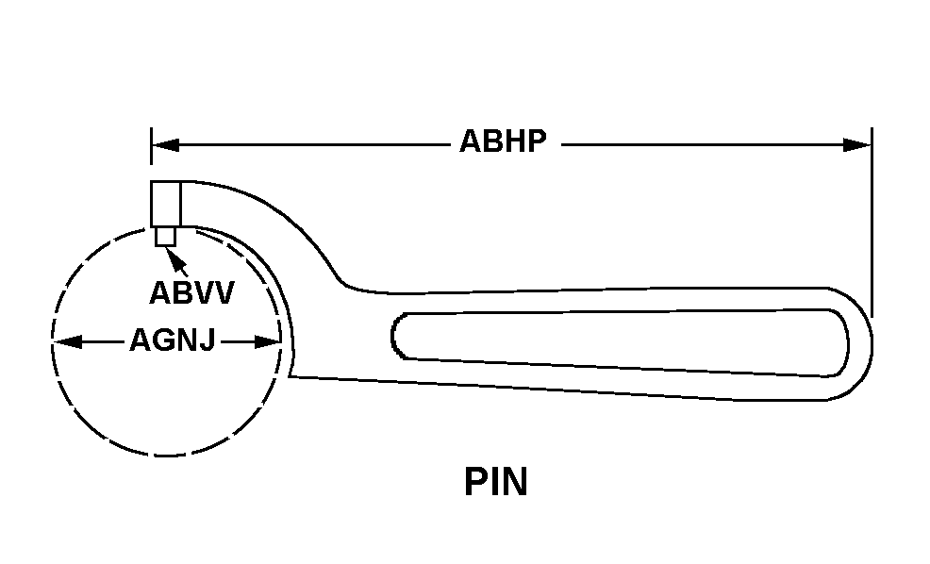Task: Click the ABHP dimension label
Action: tap(503, 142)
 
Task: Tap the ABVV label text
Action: tap(191, 293)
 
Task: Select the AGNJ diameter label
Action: tap(172, 341)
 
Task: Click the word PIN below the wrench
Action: tap(495, 482)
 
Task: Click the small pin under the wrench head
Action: tap(166, 236)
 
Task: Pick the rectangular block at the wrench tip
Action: tap(165, 204)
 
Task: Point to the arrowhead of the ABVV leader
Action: tap(172, 253)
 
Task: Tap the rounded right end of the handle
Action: tap(863, 345)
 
